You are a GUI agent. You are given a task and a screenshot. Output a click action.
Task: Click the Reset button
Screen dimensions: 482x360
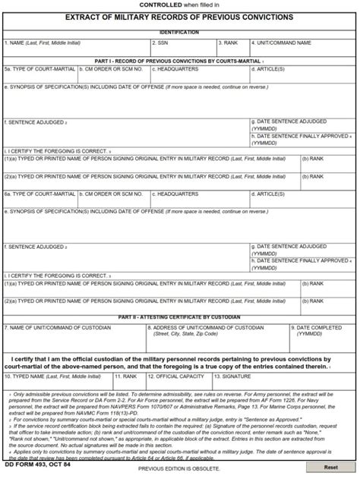tap(330, 468)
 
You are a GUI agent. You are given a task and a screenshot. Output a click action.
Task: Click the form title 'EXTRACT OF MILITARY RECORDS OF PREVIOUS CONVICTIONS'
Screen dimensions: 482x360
tap(180, 16)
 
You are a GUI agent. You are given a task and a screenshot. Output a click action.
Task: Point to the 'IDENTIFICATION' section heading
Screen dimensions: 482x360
tap(180, 33)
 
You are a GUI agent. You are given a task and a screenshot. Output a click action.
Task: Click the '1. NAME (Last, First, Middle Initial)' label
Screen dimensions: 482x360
tap(41, 43)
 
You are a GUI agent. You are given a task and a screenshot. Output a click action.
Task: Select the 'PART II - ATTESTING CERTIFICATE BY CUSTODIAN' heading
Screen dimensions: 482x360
tap(180, 317)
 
